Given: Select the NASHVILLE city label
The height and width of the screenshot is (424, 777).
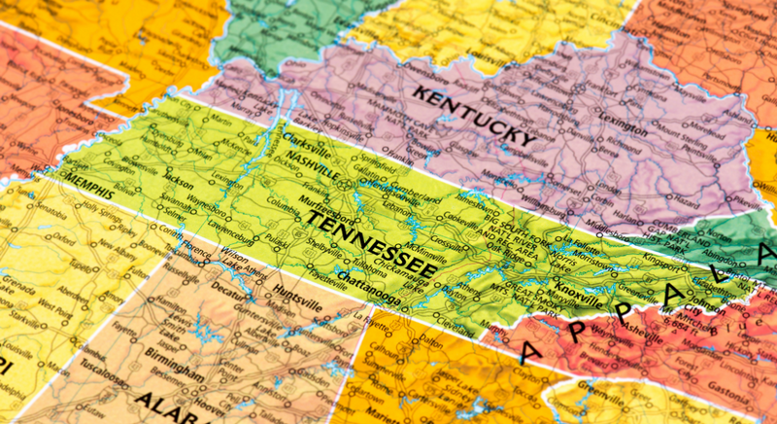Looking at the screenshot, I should (x=309, y=159).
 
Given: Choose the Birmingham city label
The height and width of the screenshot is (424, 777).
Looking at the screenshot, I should (x=175, y=374).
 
